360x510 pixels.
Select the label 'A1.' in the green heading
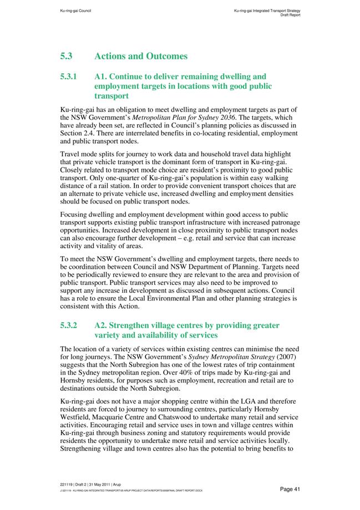coord(103,76)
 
